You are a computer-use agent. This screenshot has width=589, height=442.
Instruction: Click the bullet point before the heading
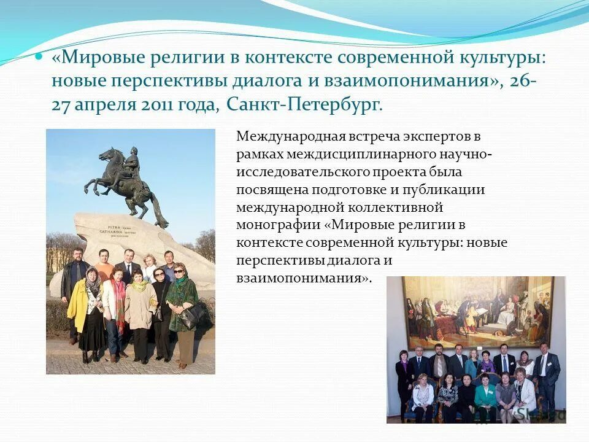point(39,56)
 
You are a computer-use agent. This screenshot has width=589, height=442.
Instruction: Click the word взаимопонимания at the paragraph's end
point(302,277)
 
